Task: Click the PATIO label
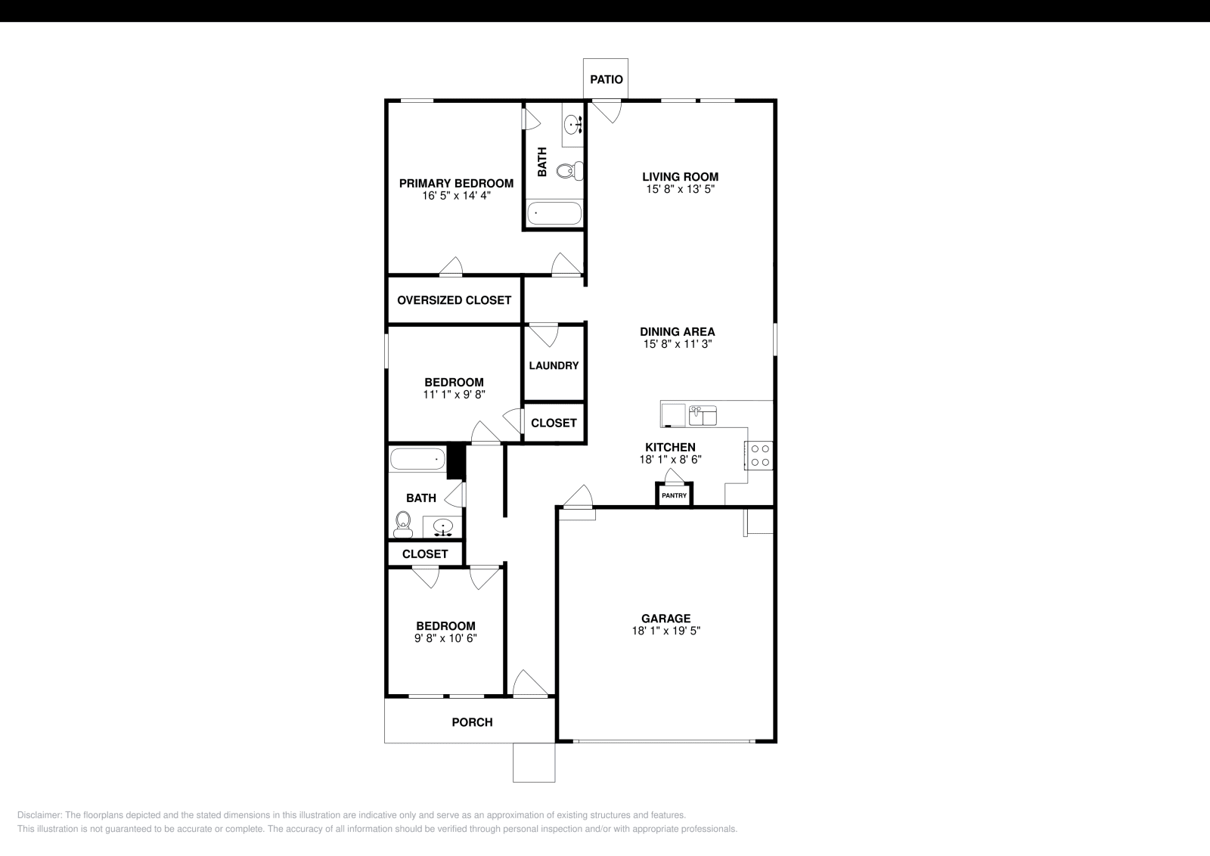[607, 79]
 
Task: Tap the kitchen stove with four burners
[760, 455]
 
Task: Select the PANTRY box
[674, 496]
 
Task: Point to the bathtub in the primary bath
[554, 213]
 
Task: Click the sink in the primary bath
[572, 124]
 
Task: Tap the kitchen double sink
[703, 415]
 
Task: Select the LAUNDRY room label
[554, 365]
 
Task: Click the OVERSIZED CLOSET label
[454, 300]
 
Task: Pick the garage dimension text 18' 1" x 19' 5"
[666, 631]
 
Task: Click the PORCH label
[472, 722]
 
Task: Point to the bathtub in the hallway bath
[417, 458]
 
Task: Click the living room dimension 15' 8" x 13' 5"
[680, 189]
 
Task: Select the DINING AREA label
[677, 331]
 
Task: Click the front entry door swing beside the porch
[529, 684]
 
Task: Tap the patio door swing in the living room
[607, 112]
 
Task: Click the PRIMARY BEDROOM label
[456, 183]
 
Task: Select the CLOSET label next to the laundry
[554, 423]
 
